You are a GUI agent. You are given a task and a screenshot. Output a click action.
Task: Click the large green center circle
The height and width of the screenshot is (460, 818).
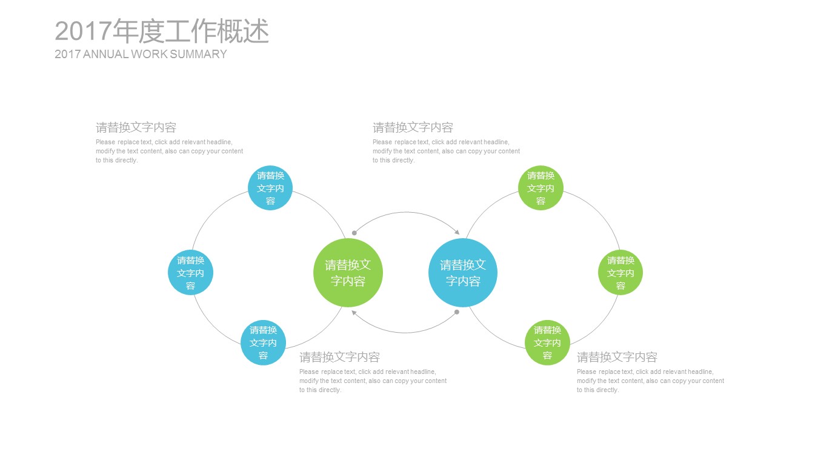[348, 273]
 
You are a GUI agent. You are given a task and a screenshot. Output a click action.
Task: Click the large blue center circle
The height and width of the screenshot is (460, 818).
[463, 273]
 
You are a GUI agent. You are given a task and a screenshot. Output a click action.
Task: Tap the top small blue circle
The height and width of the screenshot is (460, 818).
[270, 188]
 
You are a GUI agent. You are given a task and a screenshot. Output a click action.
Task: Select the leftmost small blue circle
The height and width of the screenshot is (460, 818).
[190, 273]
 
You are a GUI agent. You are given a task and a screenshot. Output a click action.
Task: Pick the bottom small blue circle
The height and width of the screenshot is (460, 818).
[263, 342]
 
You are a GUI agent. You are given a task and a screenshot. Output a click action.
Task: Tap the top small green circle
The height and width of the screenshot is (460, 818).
[540, 188]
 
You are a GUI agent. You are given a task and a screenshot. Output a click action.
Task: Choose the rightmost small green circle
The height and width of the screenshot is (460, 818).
[620, 273]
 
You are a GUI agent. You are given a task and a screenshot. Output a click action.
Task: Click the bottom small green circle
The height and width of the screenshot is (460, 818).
[547, 342]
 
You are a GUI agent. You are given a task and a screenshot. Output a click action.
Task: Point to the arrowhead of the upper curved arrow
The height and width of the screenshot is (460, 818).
[457, 232]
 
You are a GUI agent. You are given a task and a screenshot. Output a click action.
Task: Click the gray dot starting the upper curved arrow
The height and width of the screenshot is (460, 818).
[354, 233]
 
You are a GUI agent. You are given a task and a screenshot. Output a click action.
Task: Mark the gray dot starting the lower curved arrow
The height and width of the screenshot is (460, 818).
[457, 312]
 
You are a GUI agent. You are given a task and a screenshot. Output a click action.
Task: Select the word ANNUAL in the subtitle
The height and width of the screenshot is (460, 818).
[105, 54]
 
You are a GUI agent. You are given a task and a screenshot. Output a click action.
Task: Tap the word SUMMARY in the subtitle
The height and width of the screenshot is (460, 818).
[198, 54]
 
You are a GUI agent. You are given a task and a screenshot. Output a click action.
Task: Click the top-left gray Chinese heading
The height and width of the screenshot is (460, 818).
[136, 127]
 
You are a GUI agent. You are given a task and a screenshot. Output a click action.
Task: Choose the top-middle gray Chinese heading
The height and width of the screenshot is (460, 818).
[413, 127]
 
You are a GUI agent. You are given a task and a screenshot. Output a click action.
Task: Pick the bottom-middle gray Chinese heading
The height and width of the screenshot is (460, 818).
[339, 357]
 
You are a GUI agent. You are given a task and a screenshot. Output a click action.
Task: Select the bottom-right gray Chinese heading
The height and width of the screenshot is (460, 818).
[617, 357]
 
